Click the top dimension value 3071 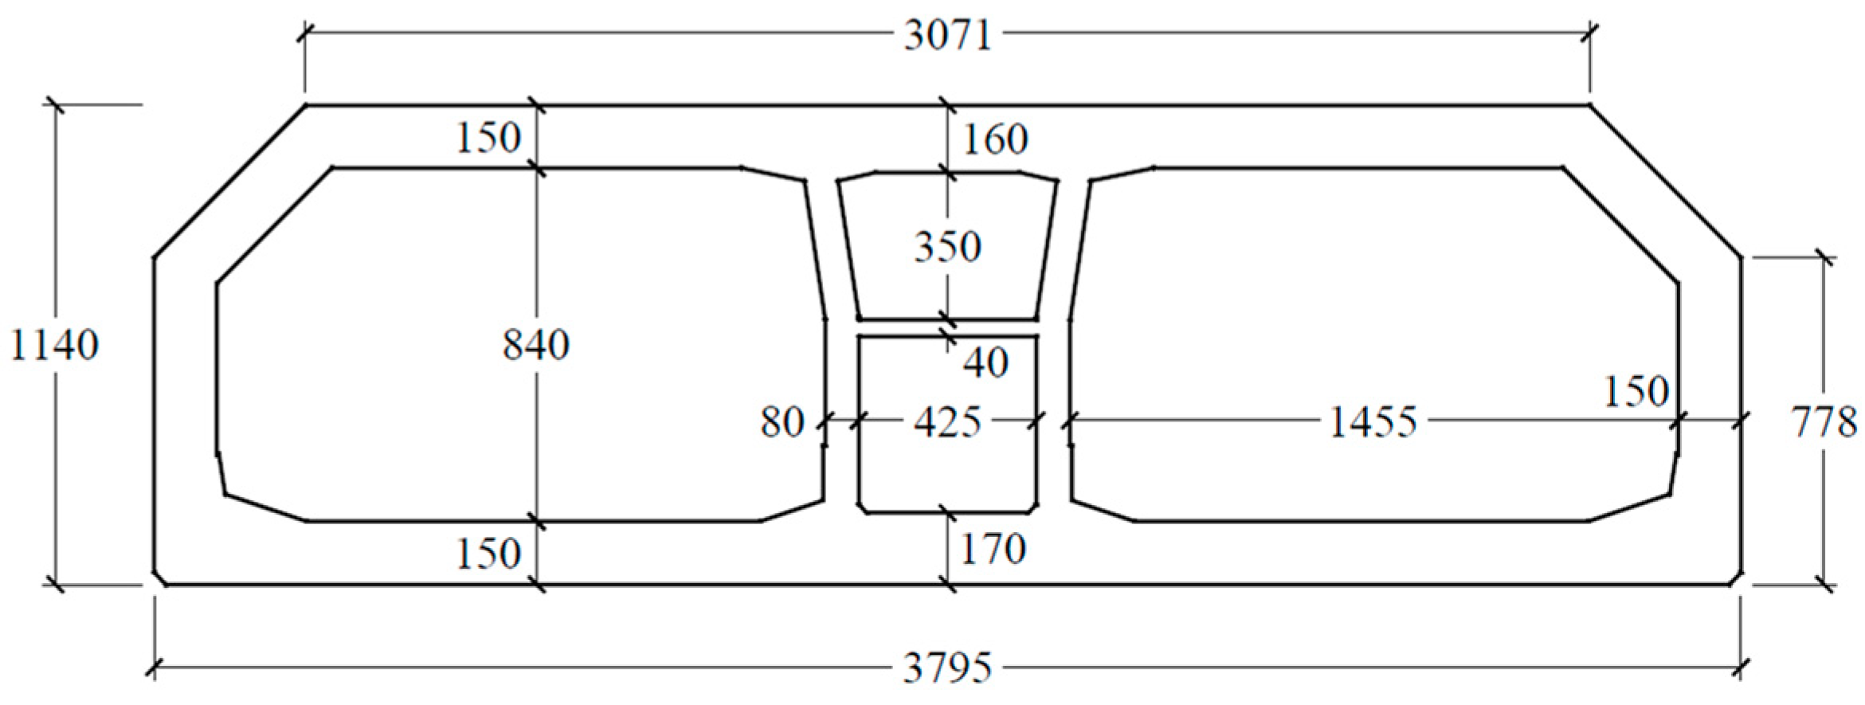(947, 36)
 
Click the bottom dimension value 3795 (947, 668)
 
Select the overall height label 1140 (54, 346)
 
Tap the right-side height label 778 (1824, 421)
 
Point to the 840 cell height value (536, 346)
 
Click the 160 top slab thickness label (995, 139)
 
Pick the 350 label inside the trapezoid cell (947, 247)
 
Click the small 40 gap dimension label (985, 362)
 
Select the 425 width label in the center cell (946, 422)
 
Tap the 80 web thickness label (782, 422)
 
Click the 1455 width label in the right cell (1373, 422)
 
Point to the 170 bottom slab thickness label (993, 549)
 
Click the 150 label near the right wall (1636, 391)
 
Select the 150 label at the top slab (488, 138)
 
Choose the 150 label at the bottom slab (488, 553)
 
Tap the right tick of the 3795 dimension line (1742, 668)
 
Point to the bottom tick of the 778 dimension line (1824, 586)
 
